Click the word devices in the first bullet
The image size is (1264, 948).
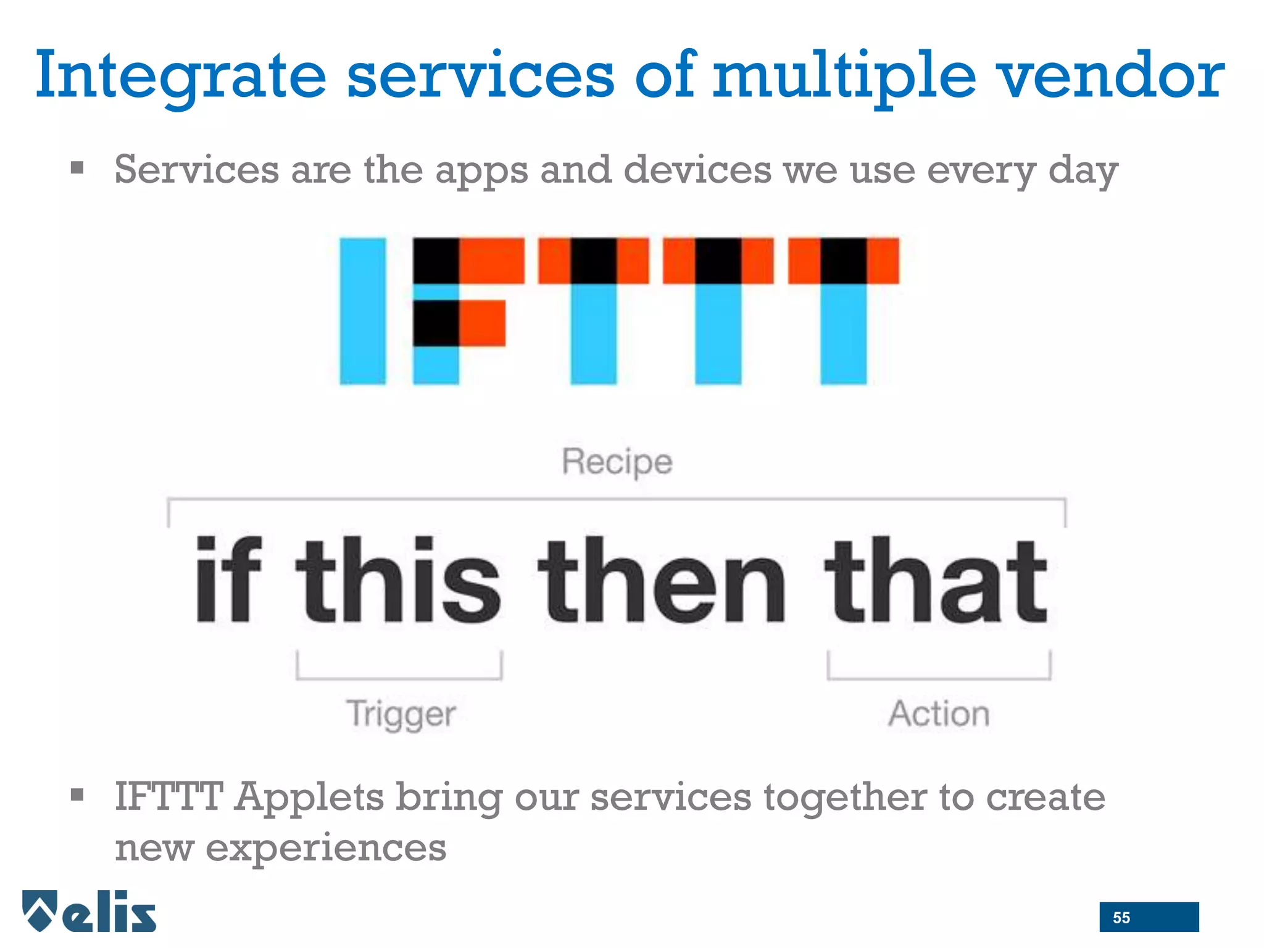(x=697, y=170)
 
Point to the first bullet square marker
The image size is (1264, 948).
(x=77, y=168)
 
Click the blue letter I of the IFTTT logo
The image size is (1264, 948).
(x=363, y=310)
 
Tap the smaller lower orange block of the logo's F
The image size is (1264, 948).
(x=482, y=323)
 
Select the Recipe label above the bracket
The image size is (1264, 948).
(x=617, y=462)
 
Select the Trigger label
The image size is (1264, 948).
(x=401, y=714)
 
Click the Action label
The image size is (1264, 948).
(x=939, y=714)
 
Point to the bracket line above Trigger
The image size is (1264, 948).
(x=399, y=678)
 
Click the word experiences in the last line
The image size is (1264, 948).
(x=326, y=847)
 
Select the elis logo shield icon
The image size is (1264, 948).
(x=41, y=910)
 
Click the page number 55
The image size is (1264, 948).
(x=1121, y=918)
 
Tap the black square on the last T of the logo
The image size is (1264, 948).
(x=843, y=260)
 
